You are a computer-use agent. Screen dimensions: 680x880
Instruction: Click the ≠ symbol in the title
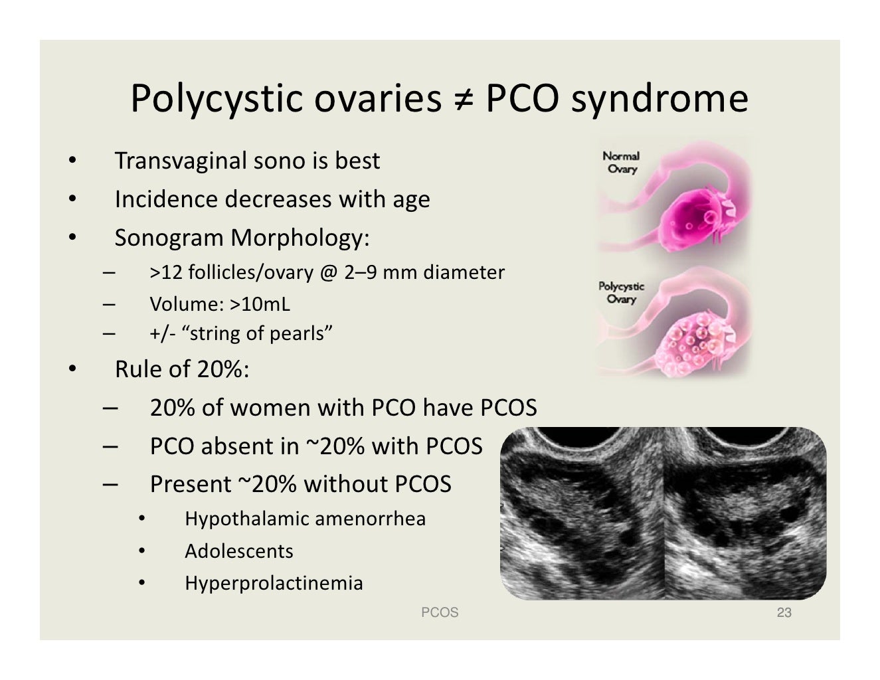463,99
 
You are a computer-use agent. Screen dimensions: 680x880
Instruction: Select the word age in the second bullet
411,199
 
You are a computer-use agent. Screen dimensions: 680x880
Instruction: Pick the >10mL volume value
260,304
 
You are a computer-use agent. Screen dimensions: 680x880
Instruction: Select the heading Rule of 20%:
182,369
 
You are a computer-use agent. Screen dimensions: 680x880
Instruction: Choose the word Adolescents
239,551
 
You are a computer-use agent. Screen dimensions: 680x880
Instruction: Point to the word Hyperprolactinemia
274,583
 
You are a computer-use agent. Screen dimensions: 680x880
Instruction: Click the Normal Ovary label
621,163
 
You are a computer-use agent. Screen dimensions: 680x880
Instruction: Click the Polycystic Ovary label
621,292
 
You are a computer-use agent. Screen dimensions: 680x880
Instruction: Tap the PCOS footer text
440,612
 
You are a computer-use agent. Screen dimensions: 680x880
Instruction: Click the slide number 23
784,612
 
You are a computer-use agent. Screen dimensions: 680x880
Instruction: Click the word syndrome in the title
659,99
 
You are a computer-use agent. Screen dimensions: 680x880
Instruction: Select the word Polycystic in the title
217,99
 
